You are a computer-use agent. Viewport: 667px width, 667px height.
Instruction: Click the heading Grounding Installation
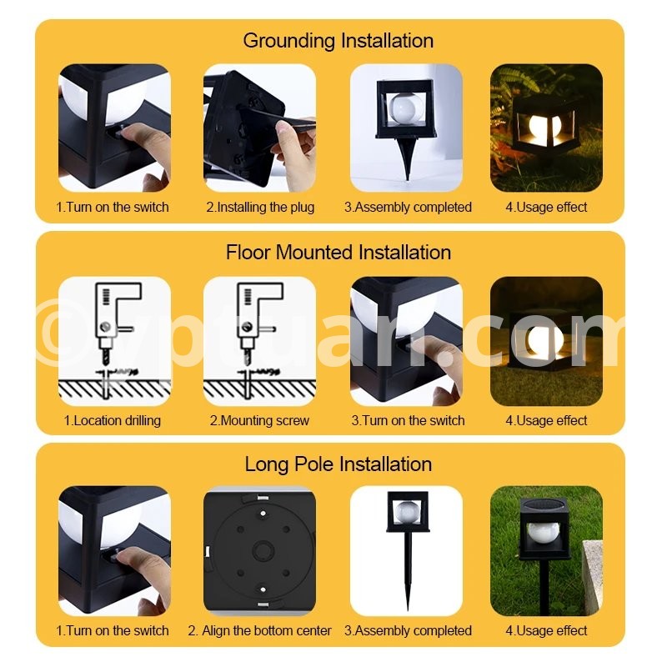click(x=339, y=41)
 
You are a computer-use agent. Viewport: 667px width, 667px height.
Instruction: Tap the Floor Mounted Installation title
click(x=339, y=253)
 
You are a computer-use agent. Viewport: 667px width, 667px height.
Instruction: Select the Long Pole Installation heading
click(x=339, y=464)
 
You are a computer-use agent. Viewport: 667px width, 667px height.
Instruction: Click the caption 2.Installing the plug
click(x=260, y=207)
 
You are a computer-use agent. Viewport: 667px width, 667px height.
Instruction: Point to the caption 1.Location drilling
click(x=113, y=420)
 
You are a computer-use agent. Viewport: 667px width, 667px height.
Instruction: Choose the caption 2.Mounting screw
click(x=259, y=420)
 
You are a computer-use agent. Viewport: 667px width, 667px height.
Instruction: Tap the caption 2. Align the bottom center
click(x=259, y=630)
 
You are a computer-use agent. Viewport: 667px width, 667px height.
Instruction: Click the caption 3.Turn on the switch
click(x=408, y=420)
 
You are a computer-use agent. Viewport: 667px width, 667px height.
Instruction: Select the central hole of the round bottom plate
click(x=263, y=550)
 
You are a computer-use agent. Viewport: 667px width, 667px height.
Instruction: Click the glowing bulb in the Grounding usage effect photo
click(x=539, y=127)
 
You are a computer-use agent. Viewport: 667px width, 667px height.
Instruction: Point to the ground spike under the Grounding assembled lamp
click(x=406, y=158)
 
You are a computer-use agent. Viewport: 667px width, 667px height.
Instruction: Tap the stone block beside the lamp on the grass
click(x=592, y=571)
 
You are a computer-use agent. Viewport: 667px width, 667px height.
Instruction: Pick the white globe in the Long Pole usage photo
click(x=543, y=533)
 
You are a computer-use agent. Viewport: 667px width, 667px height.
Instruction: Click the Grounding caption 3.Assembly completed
click(x=408, y=207)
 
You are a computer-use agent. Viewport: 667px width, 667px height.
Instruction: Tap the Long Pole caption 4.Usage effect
click(x=546, y=630)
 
